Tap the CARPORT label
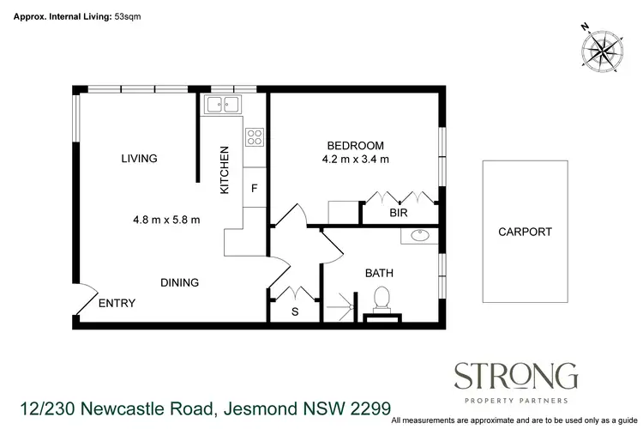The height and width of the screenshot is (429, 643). [525, 232]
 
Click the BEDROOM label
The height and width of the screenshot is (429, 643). [355, 145]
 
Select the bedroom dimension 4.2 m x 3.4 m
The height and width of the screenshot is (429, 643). [355, 159]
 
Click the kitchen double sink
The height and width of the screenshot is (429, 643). [223, 106]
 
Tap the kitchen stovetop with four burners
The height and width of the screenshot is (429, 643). [255, 136]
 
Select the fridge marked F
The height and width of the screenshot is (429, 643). [255, 186]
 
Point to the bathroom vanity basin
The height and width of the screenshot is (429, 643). [421, 236]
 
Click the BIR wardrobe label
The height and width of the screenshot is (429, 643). [398, 212]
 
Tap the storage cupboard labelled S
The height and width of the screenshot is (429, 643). [295, 311]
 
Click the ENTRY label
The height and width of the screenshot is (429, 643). [117, 303]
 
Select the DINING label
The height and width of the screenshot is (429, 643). [180, 282]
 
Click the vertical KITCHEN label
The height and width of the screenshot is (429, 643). [225, 170]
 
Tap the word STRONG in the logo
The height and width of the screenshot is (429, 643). [515, 375]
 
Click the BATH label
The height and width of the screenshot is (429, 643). [379, 273]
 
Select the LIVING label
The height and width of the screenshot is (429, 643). [139, 159]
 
